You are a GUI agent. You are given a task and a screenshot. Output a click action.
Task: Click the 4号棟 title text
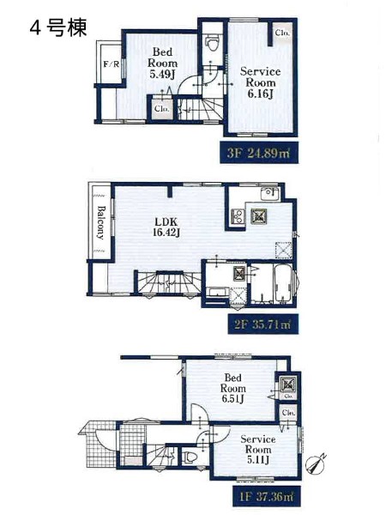[58, 27]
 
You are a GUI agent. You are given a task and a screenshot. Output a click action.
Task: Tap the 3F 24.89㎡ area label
[259, 153]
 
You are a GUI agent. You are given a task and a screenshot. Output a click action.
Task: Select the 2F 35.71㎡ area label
[263, 324]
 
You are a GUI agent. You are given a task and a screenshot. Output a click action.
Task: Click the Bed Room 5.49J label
[162, 63]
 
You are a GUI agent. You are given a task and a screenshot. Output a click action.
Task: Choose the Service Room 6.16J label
[260, 82]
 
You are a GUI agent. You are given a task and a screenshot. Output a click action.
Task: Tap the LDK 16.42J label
[166, 227]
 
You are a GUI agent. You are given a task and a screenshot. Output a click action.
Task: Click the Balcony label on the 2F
[100, 222]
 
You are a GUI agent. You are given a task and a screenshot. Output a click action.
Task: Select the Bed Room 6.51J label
[233, 388]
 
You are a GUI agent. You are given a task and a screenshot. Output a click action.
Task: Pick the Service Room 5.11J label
[258, 449]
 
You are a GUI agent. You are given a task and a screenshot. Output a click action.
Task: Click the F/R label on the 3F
[112, 64]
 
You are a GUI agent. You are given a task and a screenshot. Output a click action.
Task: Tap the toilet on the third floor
[212, 43]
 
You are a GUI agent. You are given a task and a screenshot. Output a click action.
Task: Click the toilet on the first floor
[190, 457]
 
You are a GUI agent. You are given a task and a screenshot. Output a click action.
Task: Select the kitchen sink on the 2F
[269, 193]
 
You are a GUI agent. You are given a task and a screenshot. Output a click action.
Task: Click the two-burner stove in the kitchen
[238, 216]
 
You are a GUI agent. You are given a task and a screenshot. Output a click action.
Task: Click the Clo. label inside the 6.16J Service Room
[282, 33]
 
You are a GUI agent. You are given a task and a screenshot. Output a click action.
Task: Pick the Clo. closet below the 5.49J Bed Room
[162, 108]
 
